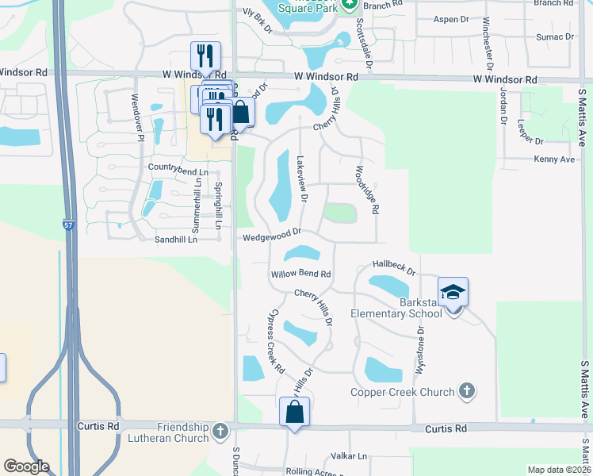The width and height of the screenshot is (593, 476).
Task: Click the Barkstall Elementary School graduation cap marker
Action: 453,293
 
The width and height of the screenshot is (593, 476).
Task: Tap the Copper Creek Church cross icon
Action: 467,390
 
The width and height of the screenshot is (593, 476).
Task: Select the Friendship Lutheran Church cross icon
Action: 220,432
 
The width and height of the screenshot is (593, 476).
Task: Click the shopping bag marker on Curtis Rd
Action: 294,413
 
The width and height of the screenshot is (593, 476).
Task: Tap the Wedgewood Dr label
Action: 272,234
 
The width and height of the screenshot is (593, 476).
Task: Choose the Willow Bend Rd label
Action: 300,274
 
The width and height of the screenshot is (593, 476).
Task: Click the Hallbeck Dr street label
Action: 394,267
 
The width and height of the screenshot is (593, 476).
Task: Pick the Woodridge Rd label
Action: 368,189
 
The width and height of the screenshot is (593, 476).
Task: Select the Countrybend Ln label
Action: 178,171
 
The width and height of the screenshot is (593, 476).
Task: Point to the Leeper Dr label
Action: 530,130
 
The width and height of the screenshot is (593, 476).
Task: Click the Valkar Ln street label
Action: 349,456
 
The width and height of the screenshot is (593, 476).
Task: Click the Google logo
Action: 26,466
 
